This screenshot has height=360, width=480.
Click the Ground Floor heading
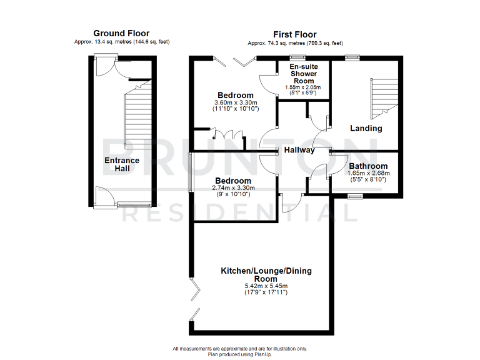[121, 33]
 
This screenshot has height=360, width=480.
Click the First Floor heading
[295, 34]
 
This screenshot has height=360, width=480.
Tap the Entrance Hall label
[121, 165]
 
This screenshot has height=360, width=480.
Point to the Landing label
[366, 128]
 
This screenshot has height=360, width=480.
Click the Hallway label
[299, 151]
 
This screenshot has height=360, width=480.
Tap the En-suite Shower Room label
[303, 72]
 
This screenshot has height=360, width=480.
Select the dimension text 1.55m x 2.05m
[303, 87]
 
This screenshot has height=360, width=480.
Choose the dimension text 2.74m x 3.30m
[233, 187]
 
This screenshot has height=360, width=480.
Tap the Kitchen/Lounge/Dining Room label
[266, 275]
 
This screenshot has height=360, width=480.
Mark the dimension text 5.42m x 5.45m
[266, 286]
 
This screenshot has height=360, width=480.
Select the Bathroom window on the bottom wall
[355, 196]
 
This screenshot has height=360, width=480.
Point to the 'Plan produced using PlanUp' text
[240, 354]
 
